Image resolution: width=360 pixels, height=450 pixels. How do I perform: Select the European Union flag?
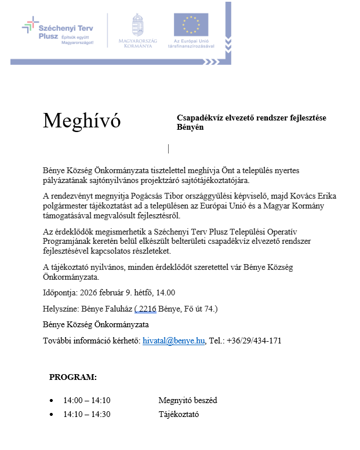pos(191,25)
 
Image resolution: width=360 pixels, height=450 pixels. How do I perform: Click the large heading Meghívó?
pos(82,120)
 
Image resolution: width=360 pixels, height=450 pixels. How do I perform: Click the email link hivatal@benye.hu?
pos(174,341)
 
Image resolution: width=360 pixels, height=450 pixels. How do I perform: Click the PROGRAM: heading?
pos(73,377)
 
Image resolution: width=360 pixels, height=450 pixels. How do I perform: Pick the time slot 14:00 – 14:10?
pos(87,400)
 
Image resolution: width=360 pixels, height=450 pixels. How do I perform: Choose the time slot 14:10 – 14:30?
pos(87,414)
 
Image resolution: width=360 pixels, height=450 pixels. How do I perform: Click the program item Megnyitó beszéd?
pos(188,400)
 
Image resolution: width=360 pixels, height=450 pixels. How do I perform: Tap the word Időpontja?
pos(61,292)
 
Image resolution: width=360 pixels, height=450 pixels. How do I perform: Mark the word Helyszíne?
pos(61,309)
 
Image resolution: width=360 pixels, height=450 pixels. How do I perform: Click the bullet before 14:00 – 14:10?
pos(52,401)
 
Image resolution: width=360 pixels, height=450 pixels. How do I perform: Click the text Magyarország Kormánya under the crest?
pos(137,43)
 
